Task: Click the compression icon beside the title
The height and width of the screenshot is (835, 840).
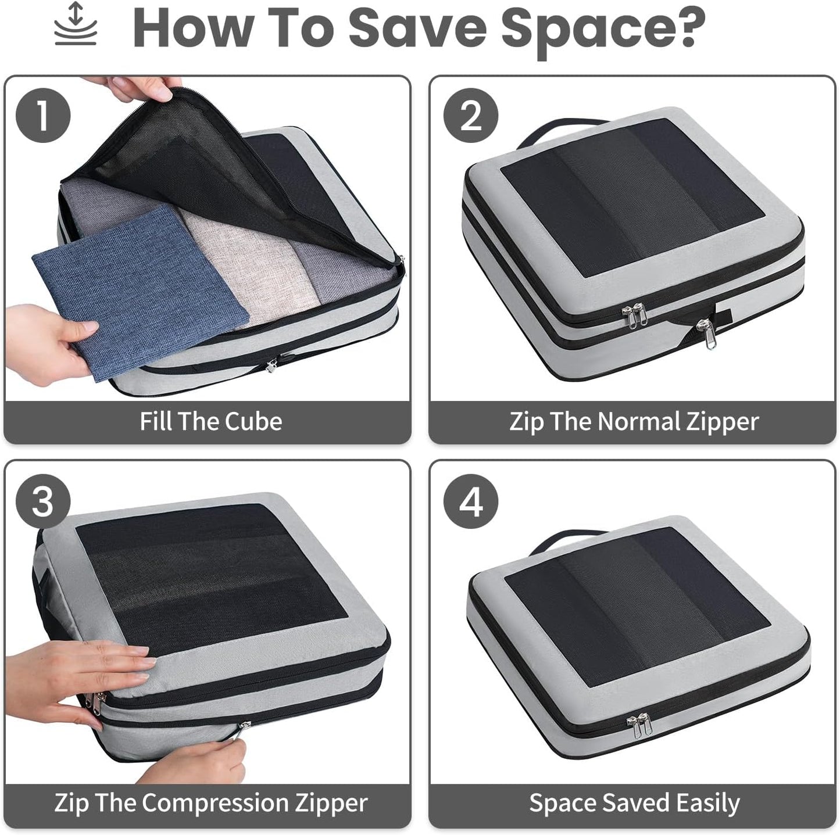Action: pyautogui.click(x=76, y=24)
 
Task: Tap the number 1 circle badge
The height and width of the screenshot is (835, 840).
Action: pyautogui.click(x=42, y=115)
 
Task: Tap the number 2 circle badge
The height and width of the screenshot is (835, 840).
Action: pyautogui.click(x=470, y=115)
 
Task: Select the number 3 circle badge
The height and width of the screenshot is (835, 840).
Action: pyautogui.click(x=42, y=501)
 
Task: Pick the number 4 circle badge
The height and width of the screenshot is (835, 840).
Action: pyautogui.click(x=470, y=501)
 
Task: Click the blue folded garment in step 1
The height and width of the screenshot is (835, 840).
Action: pyautogui.click(x=140, y=291)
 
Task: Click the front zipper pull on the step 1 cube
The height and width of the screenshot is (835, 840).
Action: pyautogui.click(x=271, y=365)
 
